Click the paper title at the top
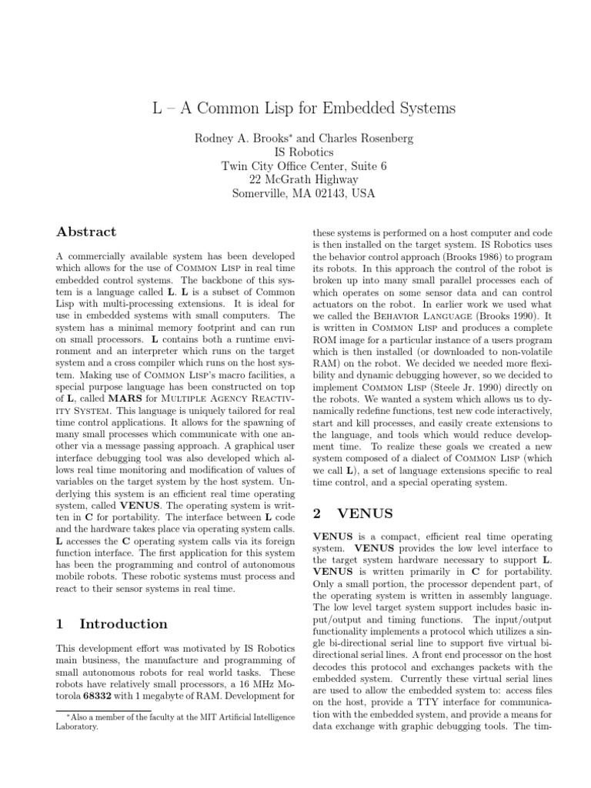coord(304,109)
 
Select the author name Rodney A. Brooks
coord(241,138)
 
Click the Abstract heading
coord(87,232)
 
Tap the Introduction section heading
coord(122,623)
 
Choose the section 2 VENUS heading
coord(351,513)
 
